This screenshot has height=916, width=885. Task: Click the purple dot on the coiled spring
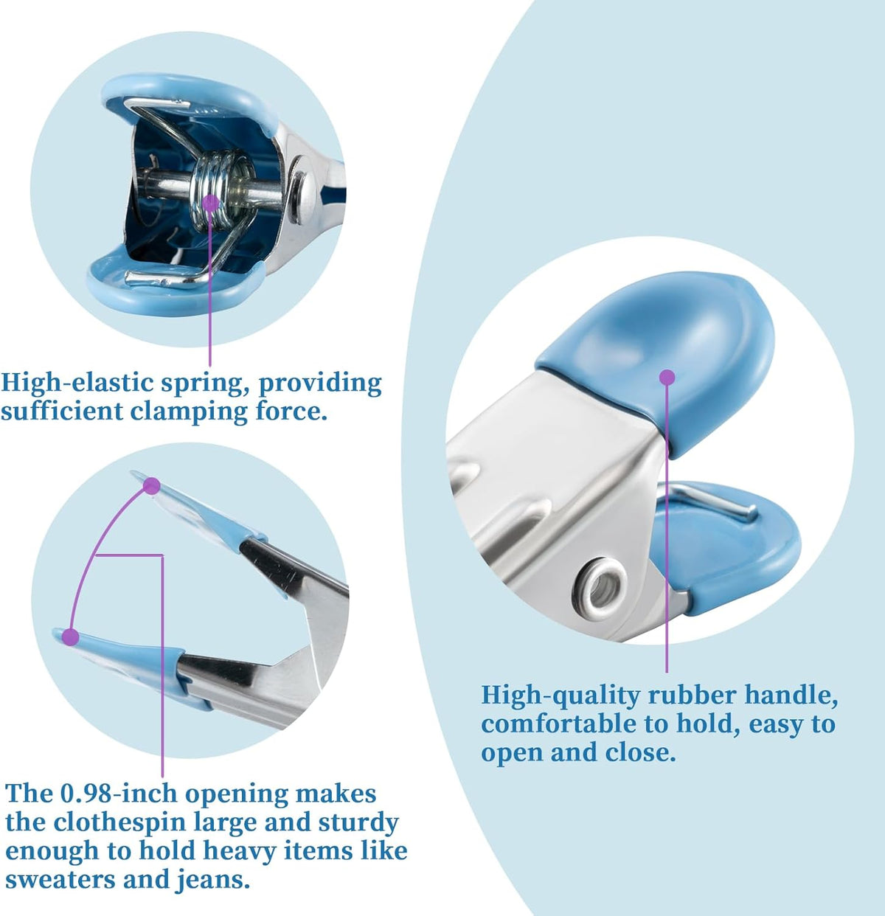click(x=210, y=204)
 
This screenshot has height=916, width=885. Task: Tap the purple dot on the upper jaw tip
click(x=151, y=486)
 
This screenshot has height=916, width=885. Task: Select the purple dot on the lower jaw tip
click(x=71, y=637)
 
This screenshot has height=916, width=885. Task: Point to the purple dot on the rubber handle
click(x=667, y=378)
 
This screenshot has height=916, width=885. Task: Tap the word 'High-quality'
click(x=560, y=695)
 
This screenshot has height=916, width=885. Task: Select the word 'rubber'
click(x=692, y=695)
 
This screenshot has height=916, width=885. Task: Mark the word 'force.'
click(x=291, y=412)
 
